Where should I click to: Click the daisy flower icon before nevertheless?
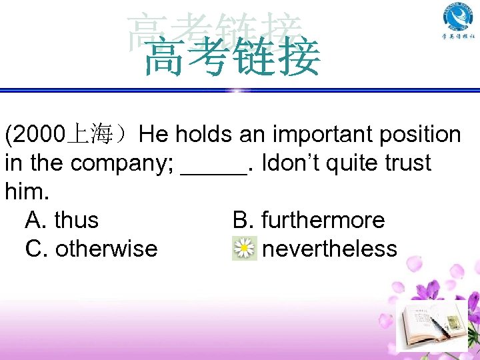pyautogui.click(x=245, y=249)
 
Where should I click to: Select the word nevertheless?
pyautogui.click(x=329, y=249)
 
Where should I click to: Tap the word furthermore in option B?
pyautogui.click(x=323, y=220)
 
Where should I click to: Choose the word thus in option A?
pyautogui.click(x=76, y=220)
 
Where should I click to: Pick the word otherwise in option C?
pyautogui.click(x=106, y=249)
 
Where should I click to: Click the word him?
pyautogui.click(x=25, y=192)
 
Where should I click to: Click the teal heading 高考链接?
pyautogui.click(x=232, y=57)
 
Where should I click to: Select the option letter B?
pyautogui.click(x=241, y=220)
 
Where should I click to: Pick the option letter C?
pyautogui.click(x=34, y=249)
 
